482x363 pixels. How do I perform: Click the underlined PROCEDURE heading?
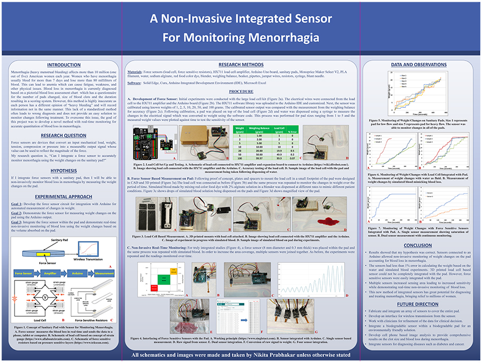click(241, 92)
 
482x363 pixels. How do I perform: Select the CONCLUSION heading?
click(417, 246)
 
